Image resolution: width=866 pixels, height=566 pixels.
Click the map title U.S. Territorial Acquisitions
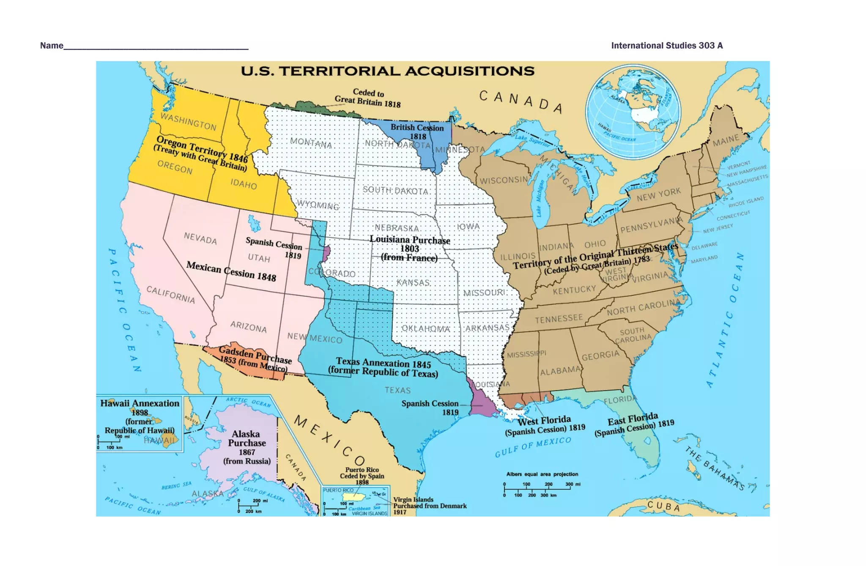pyautogui.click(x=387, y=71)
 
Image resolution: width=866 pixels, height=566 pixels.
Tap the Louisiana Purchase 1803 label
pyautogui.click(x=409, y=249)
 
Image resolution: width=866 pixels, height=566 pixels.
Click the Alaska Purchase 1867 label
pyautogui.click(x=247, y=447)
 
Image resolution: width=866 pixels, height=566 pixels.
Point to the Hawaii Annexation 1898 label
pyautogui.click(x=140, y=416)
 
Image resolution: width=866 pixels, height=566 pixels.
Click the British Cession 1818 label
pyautogui.click(x=417, y=131)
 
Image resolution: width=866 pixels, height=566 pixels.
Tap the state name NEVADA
pyautogui.click(x=200, y=239)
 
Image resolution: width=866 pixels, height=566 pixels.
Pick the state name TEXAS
pyautogui.click(x=397, y=390)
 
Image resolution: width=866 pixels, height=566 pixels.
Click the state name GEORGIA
pyautogui.click(x=600, y=355)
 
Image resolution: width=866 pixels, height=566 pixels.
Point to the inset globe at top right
pyautogui.click(x=633, y=112)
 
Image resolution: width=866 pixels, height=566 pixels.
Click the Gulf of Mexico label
pyautogui.click(x=533, y=447)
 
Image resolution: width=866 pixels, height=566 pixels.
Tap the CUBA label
pyautogui.click(x=664, y=506)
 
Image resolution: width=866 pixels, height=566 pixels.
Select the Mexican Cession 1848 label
pyautogui.click(x=231, y=271)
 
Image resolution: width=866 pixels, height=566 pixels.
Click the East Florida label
pyautogui.click(x=634, y=424)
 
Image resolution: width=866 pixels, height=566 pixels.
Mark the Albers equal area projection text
pyautogui.click(x=542, y=474)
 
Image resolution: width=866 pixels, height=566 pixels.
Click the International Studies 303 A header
pyautogui.click(x=667, y=46)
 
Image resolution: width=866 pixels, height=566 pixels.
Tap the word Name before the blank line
pyautogui.click(x=52, y=46)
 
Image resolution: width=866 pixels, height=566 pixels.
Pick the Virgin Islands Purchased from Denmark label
pyautogui.click(x=430, y=506)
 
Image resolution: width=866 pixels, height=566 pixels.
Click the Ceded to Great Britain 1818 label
pyautogui.click(x=368, y=98)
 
